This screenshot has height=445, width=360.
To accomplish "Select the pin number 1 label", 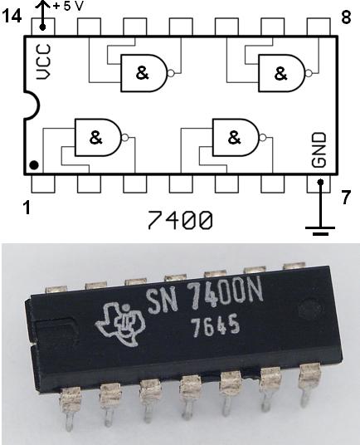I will (x=27, y=208).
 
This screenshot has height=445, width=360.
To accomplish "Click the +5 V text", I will (x=67, y=6).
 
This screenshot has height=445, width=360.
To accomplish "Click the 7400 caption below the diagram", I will (x=180, y=221).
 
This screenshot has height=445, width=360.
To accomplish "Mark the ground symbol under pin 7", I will (x=319, y=229).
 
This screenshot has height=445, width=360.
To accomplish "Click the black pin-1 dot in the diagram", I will (x=34, y=164).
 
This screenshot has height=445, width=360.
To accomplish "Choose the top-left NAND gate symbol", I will (x=144, y=73).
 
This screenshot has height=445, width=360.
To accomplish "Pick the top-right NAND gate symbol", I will (x=282, y=73).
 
